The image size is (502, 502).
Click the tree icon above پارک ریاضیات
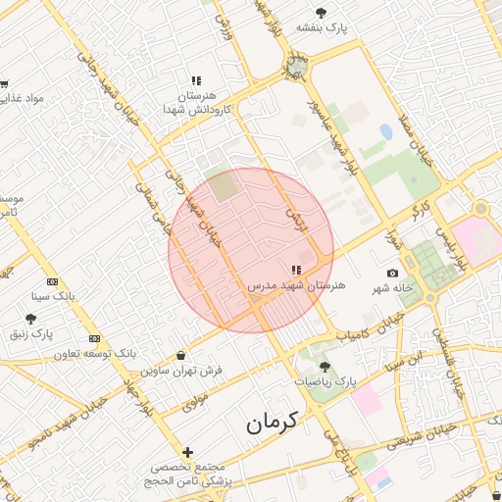pyautogui.click(x=326, y=366)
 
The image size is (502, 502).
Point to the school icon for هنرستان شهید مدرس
pyautogui.click(x=296, y=270)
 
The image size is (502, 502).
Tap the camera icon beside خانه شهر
pyautogui.click(x=393, y=273)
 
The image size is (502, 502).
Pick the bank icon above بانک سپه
pyautogui.click(x=53, y=281)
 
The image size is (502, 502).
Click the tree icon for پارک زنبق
pyautogui.click(x=31, y=320)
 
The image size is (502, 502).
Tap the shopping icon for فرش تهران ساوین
pyautogui.click(x=180, y=355)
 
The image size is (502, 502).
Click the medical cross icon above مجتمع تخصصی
pyautogui.click(x=187, y=452)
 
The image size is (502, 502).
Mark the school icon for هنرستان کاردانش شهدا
pyautogui.click(x=196, y=81)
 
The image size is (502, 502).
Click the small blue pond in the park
pyautogui.click(x=386, y=130)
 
